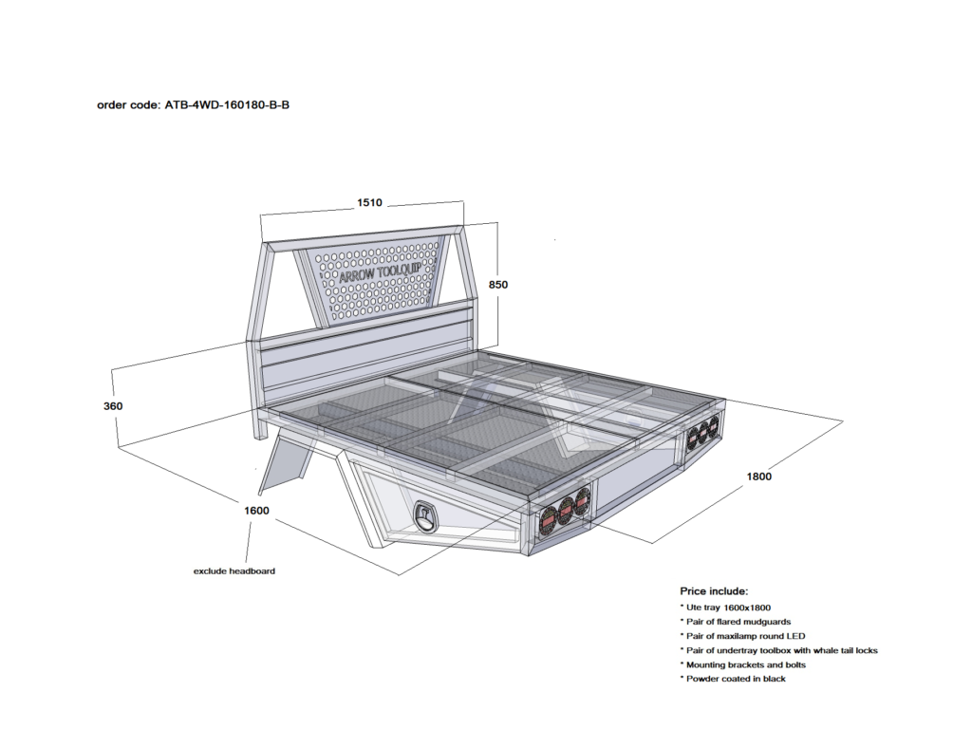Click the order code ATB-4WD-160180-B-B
(x=193, y=104)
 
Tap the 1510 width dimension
(x=370, y=202)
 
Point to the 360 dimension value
(x=113, y=406)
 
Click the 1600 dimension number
(x=256, y=511)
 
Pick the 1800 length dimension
(x=758, y=477)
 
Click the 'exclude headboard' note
(x=234, y=571)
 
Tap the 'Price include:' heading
(x=714, y=590)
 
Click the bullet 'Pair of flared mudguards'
(x=736, y=621)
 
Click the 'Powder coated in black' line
(x=733, y=679)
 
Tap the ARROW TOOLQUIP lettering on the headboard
(x=380, y=272)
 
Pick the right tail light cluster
(x=703, y=433)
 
